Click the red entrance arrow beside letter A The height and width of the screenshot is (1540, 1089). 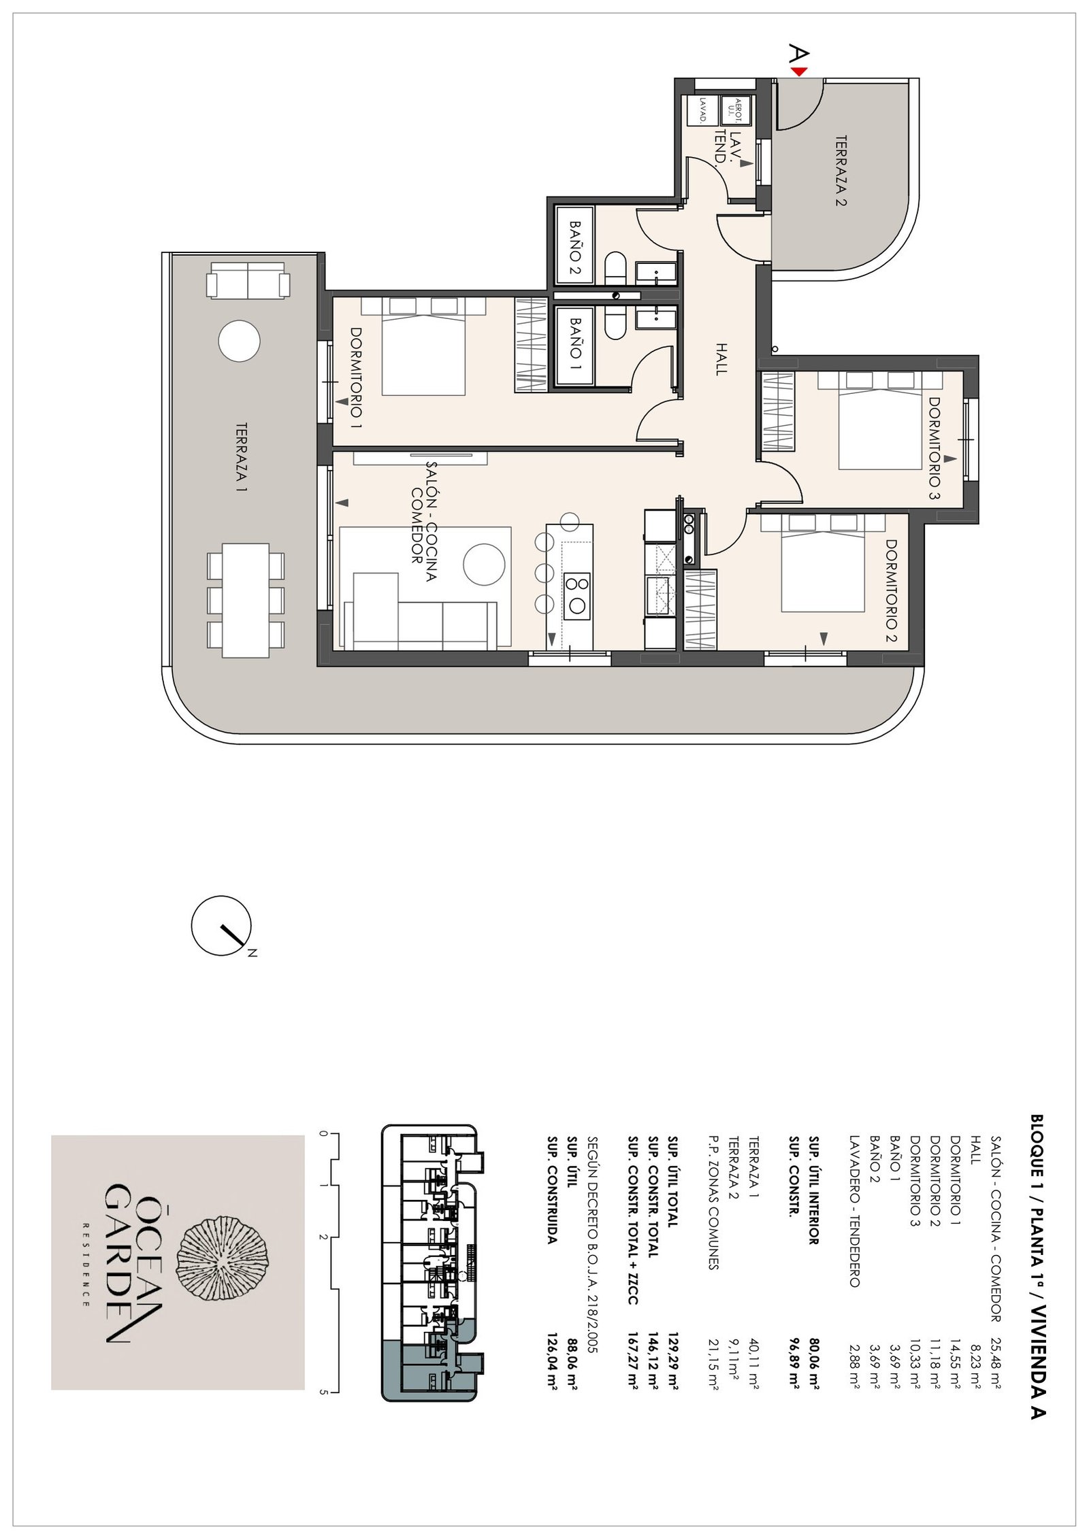(800, 71)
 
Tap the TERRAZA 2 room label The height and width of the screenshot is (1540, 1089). (841, 170)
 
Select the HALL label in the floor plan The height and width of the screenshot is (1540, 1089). (721, 358)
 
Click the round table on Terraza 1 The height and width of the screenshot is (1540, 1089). (239, 340)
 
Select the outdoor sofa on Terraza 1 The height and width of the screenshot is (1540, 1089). (248, 281)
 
